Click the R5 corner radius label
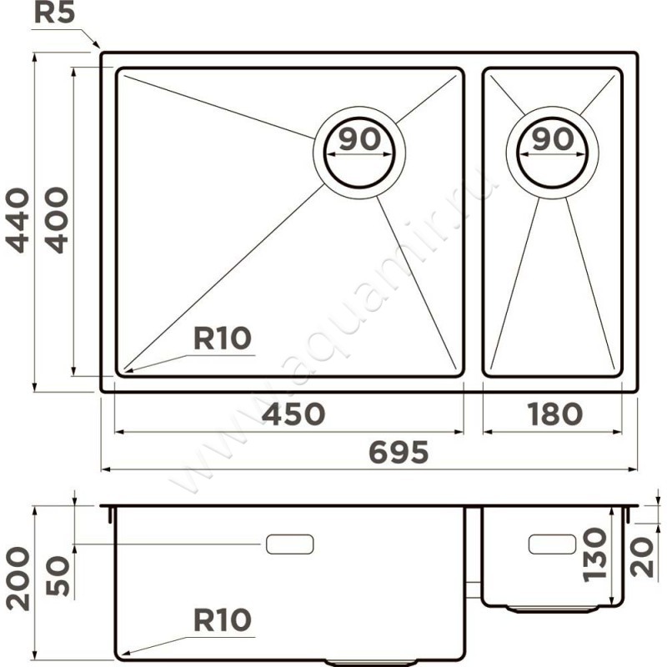coord(54,13)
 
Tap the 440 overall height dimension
coord(18,220)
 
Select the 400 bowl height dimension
coord(56,220)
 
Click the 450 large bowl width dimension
coord(293,414)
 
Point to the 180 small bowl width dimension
coord(554,414)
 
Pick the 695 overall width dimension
coord(399,452)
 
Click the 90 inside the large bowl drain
coord(359,139)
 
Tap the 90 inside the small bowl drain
coord(553,139)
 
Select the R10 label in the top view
coord(223,339)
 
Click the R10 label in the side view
coord(223,619)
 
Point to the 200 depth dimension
coord(18,579)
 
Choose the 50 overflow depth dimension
coord(57,575)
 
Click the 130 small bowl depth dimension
coord(594,554)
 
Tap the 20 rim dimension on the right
coord(642,557)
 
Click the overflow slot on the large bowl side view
coord(289,544)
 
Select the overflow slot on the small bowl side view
coord(552,544)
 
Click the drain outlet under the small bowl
coord(553,609)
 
